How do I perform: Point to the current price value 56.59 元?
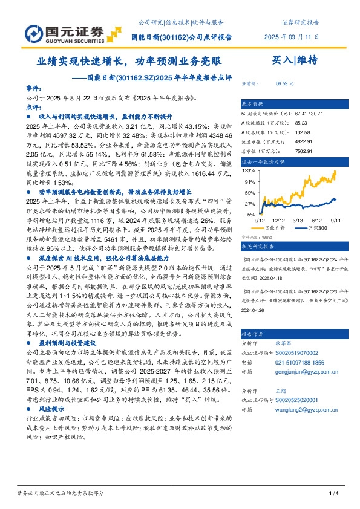(284, 83)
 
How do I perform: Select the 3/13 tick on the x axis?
(299, 221)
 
